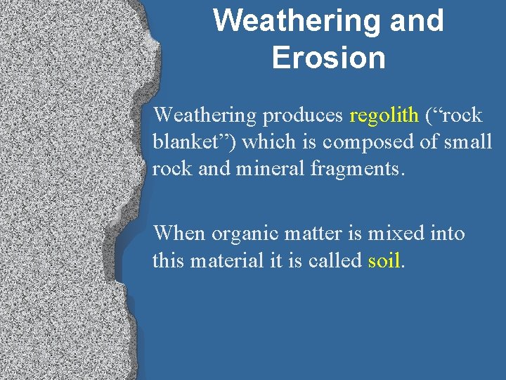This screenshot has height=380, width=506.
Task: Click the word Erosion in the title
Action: click(x=328, y=57)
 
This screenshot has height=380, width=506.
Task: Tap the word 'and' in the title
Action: click(x=417, y=20)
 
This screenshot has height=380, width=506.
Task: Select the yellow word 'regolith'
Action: click(x=384, y=115)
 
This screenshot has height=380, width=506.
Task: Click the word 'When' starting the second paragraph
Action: click(x=179, y=233)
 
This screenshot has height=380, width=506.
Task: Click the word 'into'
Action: click(x=447, y=233)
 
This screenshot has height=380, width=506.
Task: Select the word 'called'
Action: click(x=337, y=260)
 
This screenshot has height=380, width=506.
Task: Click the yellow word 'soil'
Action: click(x=384, y=260)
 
